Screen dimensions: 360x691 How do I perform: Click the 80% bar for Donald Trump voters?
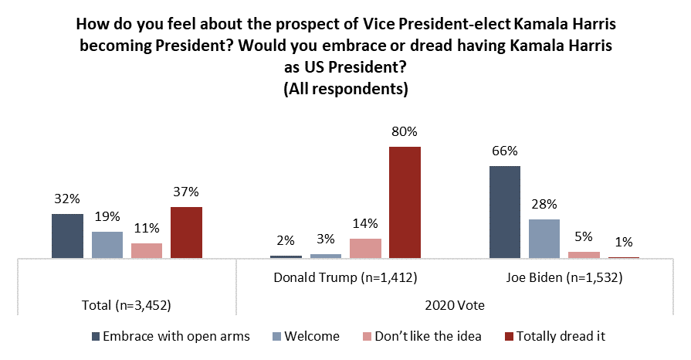coord(405,202)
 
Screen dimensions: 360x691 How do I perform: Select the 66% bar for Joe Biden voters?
coord(505,212)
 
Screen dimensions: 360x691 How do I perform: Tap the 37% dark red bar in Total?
coord(186,233)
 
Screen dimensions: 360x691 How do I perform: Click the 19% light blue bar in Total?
coord(107,245)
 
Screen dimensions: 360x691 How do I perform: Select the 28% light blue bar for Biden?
coord(544,239)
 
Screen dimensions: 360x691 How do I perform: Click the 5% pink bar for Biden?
coord(584,255)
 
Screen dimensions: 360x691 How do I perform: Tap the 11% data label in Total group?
coord(147,228)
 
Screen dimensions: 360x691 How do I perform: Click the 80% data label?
coord(405,132)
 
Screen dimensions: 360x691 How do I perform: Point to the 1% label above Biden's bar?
coord(624,243)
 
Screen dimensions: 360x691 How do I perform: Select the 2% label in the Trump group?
coord(286,241)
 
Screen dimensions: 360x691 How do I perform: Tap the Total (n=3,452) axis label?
coord(127,304)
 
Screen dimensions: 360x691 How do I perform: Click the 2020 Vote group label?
coord(455,304)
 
